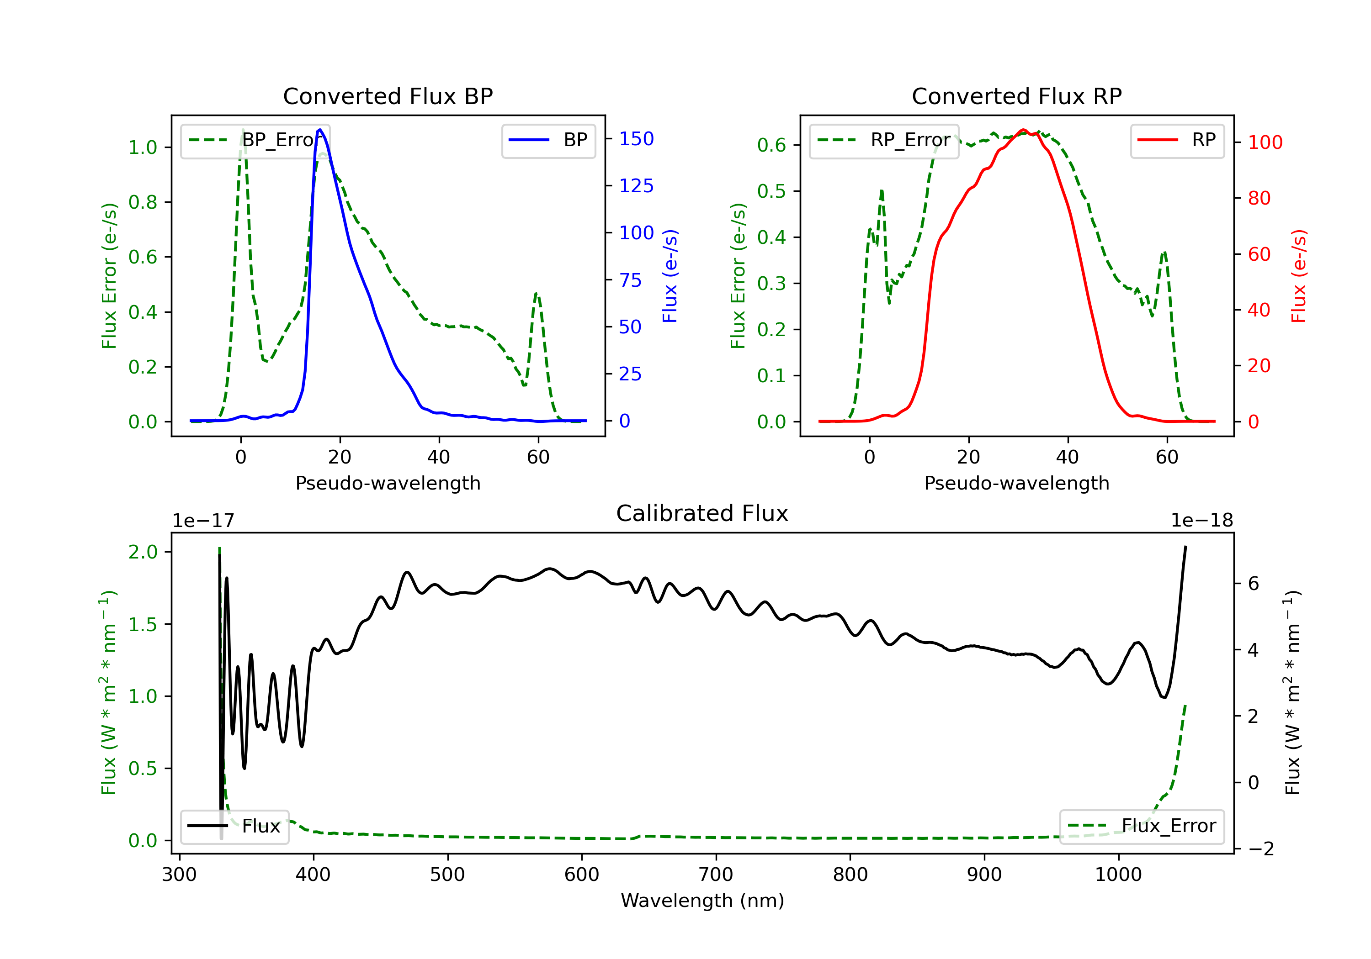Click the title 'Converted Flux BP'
[388, 96]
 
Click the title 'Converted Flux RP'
[1017, 96]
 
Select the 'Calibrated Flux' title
[702, 513]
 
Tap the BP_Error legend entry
[255, 140]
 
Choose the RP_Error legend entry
[884, 140]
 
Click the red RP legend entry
[1177, 140]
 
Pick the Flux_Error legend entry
[1141, 826]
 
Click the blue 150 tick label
[637, 139]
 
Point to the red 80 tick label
[1259, 198]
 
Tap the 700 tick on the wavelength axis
[716, 875]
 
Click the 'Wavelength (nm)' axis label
[702, 901]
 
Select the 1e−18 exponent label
[1201, 521]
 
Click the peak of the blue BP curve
[320, 130]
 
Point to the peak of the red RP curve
[1024, 130]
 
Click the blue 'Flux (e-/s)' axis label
[670, 276]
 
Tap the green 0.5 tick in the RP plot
[771, 191]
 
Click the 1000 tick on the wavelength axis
[1118, 875]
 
